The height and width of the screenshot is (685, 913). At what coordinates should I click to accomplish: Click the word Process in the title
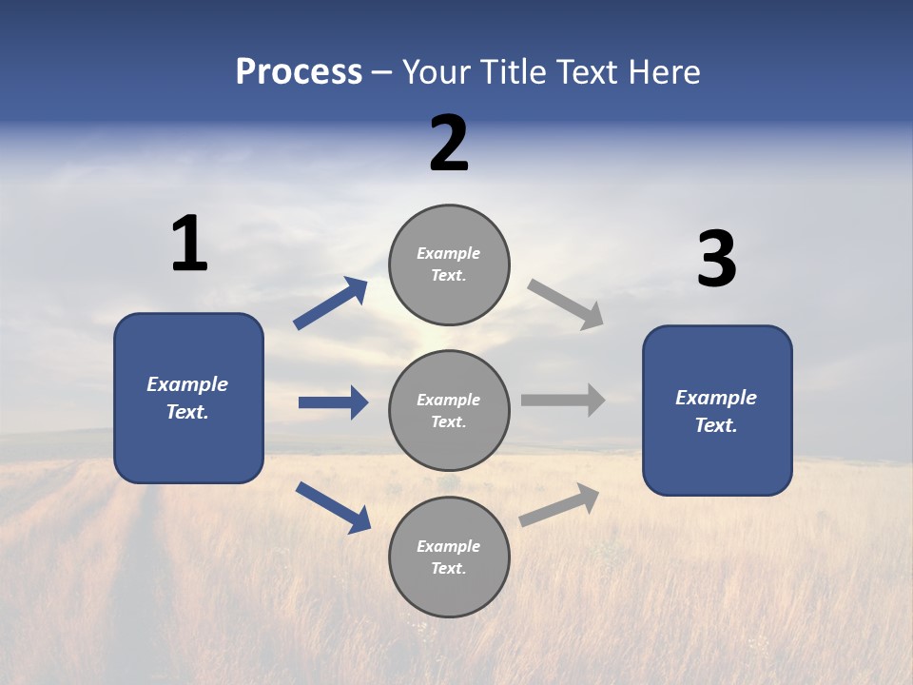(x=299, y=72)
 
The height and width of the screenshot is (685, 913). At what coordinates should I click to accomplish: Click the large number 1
(x=189, y=244)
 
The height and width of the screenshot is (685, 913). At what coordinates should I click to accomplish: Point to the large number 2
(x=449, y=144)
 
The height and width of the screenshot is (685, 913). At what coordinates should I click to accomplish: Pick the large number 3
(x=716, y=259)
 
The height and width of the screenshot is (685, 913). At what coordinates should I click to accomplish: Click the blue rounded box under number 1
(x=188, y=398)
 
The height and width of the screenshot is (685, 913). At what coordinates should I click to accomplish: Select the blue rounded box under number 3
(x=717, y=411)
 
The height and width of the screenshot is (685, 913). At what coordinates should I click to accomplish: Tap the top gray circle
(x=449, y=264)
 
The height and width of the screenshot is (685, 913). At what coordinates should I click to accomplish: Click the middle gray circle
(x=449, y=410)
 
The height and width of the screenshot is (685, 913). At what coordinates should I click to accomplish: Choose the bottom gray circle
(x=449, y=557)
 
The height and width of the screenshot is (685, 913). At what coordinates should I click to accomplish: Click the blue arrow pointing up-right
(x=331, y=303)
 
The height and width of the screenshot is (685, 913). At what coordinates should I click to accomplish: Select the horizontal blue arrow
(x=333, y=402)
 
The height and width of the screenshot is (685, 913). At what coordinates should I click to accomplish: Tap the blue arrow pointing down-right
(x=333, y=507)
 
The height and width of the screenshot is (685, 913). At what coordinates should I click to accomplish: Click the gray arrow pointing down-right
(x=565, y=304)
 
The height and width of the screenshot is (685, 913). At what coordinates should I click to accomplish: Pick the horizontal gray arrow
(x=562, y=400)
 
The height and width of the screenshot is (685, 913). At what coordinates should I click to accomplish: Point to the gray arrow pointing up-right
(x=559, y=505)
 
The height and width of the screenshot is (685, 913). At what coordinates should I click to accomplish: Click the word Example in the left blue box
(x=187, y=384)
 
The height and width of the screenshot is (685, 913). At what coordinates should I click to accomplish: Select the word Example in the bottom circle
(x=448, y=546)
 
